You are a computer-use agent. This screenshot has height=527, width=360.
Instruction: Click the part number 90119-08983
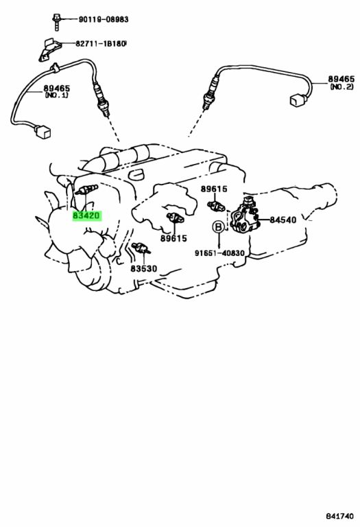pyautogui.click(x=104, y=19)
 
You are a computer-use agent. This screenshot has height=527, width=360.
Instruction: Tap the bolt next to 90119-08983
pyautogui.click(x=56, y=21)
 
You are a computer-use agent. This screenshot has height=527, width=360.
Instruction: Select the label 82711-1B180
pyautogui.click(x=100, y=44)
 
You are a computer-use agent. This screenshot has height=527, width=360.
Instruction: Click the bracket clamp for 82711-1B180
pyautogui.click(x=49, y=50)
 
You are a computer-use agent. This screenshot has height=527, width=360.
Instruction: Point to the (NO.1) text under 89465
pyautogui.click(x=56, y=95)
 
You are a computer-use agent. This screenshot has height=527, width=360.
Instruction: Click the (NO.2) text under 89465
pyautogui.click(x=341, y=86)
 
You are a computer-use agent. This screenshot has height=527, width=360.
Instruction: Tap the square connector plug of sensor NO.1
pyautogui.click(x=42, y=132)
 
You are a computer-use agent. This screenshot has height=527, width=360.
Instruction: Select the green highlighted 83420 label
pyautogui.click(x=86, y=215)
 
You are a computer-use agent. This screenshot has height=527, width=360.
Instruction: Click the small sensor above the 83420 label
pyautogui.click(x=86, y=190)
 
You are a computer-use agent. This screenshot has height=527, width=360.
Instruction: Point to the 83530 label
pyautogui.click(x=144, y=268)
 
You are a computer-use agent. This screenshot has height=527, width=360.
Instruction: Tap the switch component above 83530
pyautogui.click(x=141, y=248)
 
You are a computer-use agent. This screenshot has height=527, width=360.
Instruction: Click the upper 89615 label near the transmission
pyautogui.click(x=214, y=189)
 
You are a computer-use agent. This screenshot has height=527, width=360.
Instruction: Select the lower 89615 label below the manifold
pyautogui.click(x=173, y=238)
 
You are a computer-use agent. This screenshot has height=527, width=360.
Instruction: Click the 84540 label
pyautogui.click(x=283, y=220)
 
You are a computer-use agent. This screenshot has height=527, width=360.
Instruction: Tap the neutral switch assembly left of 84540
pyautogui.click(x=245, y=217)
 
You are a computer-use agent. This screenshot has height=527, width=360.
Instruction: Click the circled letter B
pyautogui.click(x=218, y=227)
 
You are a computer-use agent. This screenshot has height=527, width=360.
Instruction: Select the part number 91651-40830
pyautogui.click(x=219, y=253)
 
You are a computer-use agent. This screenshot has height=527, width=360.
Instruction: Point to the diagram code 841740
pyautogui.click(x=339, y=516)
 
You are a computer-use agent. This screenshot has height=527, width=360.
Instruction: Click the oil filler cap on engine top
pyautogui.click(x=136, y=174)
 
